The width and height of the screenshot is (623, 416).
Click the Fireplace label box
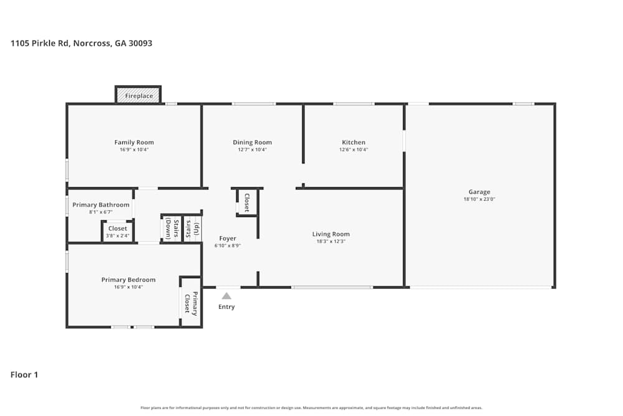click(x=138, y=95)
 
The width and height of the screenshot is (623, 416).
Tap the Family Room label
click(x=134, y=142)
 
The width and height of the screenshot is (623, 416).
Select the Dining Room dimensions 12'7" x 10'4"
click(x=252, y=150)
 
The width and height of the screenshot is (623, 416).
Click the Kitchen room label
click(x=353, y=142)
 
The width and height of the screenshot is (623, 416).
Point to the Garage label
click(x=479, y=192)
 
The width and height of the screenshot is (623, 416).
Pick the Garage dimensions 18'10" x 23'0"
click(x=479, y=200)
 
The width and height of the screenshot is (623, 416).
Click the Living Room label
click(x=331, y=234)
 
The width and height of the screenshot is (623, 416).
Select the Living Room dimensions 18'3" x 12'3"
click(x=331, y=241)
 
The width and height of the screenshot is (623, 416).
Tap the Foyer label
click(x=227, y=238)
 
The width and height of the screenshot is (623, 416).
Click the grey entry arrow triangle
click(x=227, y=296)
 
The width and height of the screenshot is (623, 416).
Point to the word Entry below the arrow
click(x=227, y=307)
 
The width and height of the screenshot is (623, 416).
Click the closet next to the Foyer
click(x=247, y=203)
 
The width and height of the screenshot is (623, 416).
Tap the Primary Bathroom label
click(x=101, y=205)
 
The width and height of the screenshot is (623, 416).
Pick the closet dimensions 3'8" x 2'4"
click(x=117, y=236)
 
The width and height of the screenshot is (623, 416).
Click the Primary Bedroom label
click(x=128, y=279)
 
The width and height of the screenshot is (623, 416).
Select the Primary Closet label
click(x=191, y=303)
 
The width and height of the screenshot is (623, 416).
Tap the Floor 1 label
click(x=24, y=375)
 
